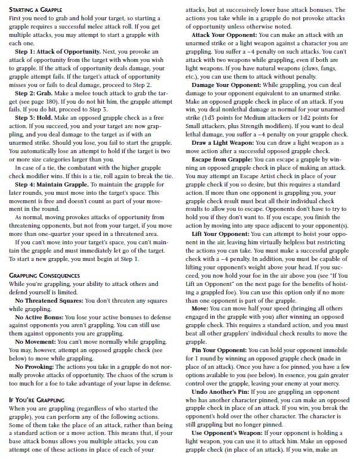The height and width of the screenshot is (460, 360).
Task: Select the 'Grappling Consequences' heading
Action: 45,275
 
